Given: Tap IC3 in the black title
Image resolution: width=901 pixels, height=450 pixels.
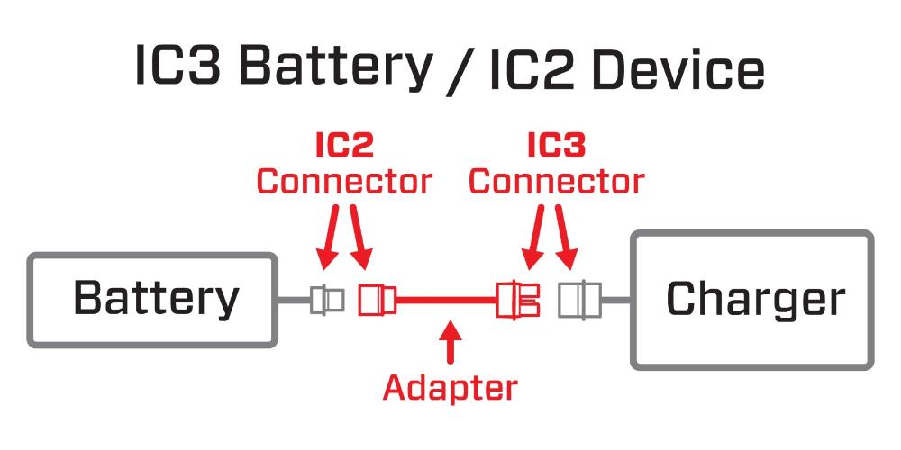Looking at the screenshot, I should click(177, 67).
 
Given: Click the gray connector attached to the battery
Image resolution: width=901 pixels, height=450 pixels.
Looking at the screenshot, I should click(327, 299).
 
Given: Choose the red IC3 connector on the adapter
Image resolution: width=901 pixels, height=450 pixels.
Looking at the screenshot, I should click(519, 299).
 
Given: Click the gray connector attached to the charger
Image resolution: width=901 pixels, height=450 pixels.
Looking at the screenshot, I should click(578, 299).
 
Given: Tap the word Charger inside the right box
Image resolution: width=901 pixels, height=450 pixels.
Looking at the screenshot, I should click(755, 300).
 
